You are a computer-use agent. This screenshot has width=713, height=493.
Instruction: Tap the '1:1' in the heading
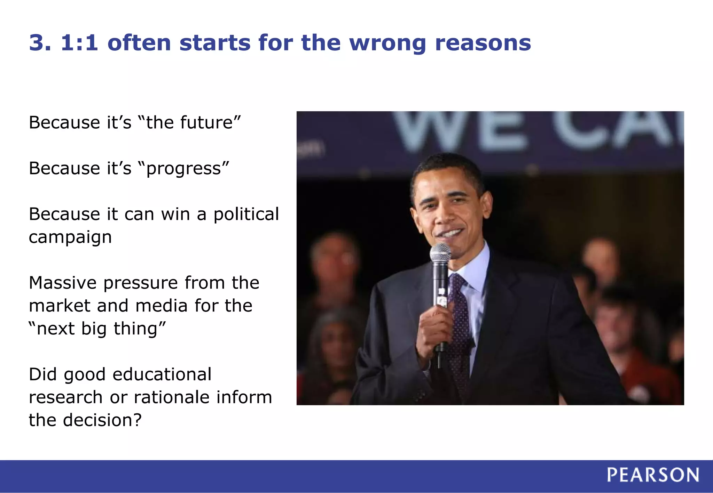point(79,43)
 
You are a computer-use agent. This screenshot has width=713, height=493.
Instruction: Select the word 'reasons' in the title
point(483,43)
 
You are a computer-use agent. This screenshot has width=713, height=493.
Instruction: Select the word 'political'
point(246,214)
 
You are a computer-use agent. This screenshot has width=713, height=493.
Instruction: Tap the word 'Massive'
point(63,283)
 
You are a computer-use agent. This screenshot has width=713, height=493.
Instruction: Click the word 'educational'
point(162,374)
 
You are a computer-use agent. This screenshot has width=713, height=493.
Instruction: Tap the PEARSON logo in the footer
point(653,475)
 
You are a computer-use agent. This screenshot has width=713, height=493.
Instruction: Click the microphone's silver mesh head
point(440,252)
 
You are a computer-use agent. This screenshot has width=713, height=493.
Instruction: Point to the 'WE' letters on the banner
point(460,130)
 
